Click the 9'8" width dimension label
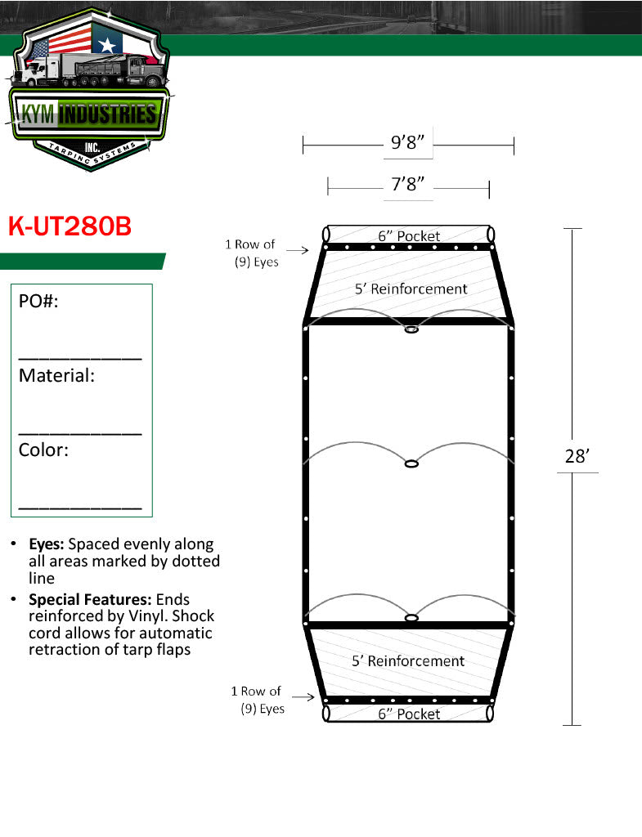pos(407,142)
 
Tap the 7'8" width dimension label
pos(407,184)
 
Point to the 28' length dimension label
pos(577,456)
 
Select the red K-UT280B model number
pos(70,226)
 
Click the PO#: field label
pos(38,301)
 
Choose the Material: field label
pos(56,375)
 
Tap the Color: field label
pos(44,450)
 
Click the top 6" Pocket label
pos(409,236)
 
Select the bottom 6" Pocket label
pos(409,714)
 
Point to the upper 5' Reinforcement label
pos(411,289)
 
